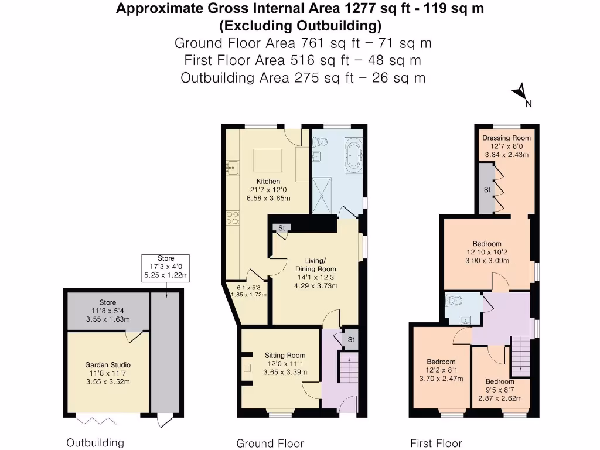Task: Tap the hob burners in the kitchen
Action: [x=231, y=217]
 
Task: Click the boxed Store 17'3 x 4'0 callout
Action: [x=166, y=267]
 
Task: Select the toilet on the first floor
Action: [x=454, y=301]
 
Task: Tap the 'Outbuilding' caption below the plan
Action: [x=95, y=442]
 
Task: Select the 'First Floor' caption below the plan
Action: [x=436, y=444]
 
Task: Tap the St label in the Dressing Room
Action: [x=487, y=190]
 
